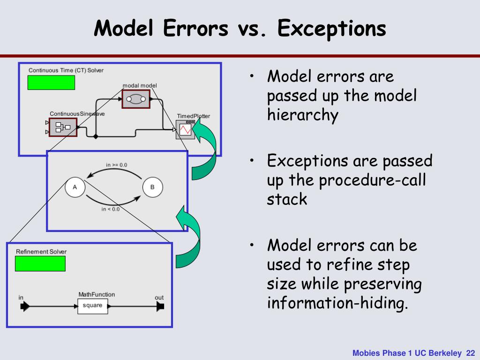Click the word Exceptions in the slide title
coord(331,29)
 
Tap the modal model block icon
coord(136,99)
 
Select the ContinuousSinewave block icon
coord(63,127)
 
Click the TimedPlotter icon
coord(185,129)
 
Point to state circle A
coord(75,187)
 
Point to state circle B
coord(152,187)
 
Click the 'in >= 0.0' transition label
coord(116,165)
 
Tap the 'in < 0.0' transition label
coord(111,209)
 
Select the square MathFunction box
coord(92,306)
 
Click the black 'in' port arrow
coord(25,307)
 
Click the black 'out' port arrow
coord(160,307)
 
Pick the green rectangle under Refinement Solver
coord(40,264)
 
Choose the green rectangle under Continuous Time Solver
coord(51,82)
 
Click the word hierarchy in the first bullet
coord(302,115)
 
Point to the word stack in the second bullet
coord(287,199)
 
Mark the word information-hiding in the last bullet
coord(336,303)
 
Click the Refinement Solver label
coord(41,252)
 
